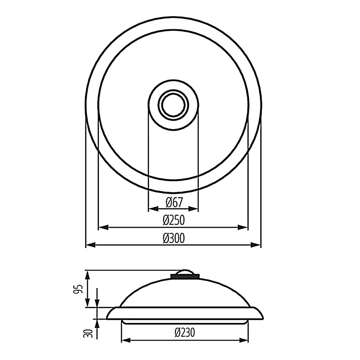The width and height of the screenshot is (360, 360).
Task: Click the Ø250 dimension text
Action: coord(173,220)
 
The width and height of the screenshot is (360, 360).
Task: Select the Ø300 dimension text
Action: coord(173,238)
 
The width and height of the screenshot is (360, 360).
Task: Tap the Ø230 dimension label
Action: coord(184,332)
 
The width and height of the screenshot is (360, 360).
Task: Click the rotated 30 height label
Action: coord(88,333)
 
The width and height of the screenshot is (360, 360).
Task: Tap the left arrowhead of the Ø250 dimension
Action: coord(103,228)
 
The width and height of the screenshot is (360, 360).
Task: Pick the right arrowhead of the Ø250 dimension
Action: coord(243,228)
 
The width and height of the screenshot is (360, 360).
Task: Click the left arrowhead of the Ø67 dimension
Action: coord(153,209)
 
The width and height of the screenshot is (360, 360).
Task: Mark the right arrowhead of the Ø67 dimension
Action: coord(194,209)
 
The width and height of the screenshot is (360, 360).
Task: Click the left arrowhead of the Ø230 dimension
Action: coord(126,340)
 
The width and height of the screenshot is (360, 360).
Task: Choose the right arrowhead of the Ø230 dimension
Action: coord(244,340)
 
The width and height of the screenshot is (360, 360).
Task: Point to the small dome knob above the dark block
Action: coord(185,271)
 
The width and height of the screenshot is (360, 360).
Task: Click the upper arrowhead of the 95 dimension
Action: coord(87,275)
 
